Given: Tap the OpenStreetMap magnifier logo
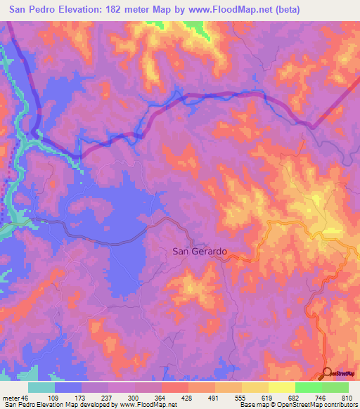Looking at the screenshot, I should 328,373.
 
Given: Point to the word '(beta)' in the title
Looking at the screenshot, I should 281,10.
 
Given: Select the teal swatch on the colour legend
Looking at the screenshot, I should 41,387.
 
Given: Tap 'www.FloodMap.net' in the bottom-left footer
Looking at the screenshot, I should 141,405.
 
